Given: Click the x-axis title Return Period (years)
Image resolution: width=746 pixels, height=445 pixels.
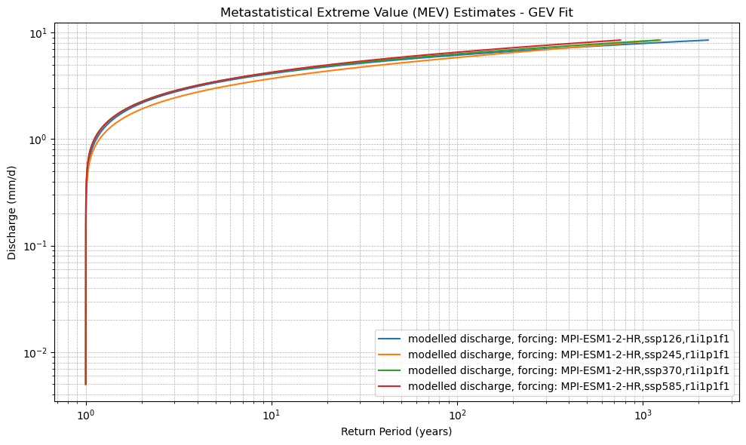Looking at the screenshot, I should (x=397, y=431).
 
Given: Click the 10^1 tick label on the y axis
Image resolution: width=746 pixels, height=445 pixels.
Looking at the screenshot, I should (x=38, y=33).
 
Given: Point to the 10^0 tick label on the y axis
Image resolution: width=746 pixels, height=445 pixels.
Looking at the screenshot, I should (x=38, y=140).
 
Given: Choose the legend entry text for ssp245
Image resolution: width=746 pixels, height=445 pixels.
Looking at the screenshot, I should (x=569, y=354).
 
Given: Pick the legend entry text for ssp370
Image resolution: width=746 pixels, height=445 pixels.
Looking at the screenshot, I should (x=569, y=370).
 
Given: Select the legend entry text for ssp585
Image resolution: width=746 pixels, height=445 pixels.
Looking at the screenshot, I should (x=569, y=386).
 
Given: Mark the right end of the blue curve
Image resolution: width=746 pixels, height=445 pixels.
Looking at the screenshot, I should (x=708, y=40).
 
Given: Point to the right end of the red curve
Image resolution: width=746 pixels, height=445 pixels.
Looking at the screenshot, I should (x=620, y=40).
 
